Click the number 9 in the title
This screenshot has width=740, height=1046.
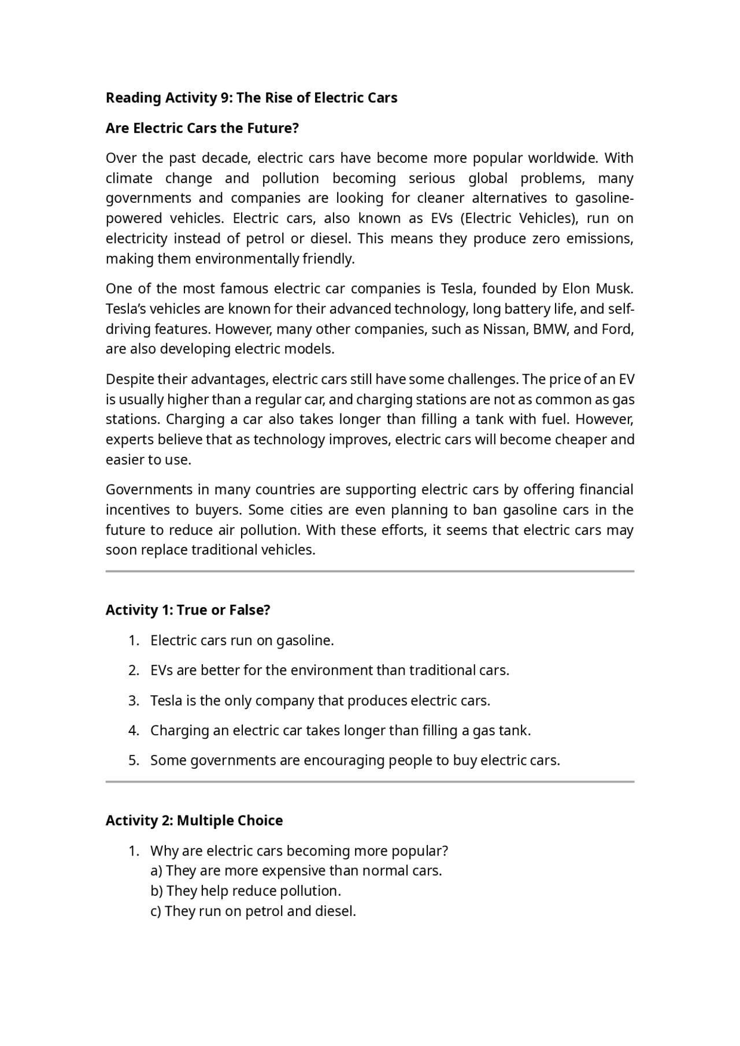point(224,98)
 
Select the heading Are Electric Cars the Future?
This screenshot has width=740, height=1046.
point(202,128)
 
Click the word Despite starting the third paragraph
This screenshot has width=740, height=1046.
point(129,379)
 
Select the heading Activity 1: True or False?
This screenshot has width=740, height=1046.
point(188,611)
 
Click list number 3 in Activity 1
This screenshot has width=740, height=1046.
point(134,701)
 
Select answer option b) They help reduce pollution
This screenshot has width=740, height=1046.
point(246,891)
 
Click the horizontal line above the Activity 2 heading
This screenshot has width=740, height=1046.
point(370,781)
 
